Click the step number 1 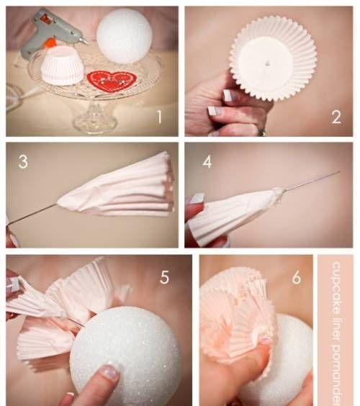pos(160,117)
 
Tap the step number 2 pos(336,117)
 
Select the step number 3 pos(23,162)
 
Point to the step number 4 pos(207,162)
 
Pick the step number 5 pos(165,277)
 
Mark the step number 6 pos(297,277)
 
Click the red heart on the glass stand pos(112,81)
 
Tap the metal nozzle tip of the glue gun pos(84,41)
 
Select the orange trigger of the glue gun pos(50,42)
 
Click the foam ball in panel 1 pos(125,36)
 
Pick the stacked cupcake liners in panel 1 pos(63,66)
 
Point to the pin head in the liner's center pos(267,63)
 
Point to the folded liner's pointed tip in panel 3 pos(58,202)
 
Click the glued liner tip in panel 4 pos(279,193)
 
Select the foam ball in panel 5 pos(125,356)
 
